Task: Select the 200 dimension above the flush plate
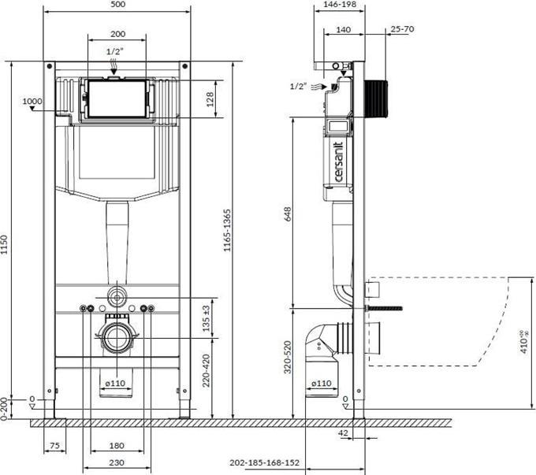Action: (x=117, y=34)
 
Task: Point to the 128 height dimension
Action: (x=210, y=98)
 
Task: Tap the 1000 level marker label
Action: (x=32, y=101)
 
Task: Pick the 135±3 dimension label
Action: (x=206, y=317)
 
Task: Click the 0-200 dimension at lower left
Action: (x=7, y=406)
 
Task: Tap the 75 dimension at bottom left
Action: (x=54, y=446)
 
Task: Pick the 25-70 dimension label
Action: (x=402, y=29)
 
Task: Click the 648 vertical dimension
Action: (x=288, y=213)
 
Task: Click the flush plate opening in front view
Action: (x=117, y=98)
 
